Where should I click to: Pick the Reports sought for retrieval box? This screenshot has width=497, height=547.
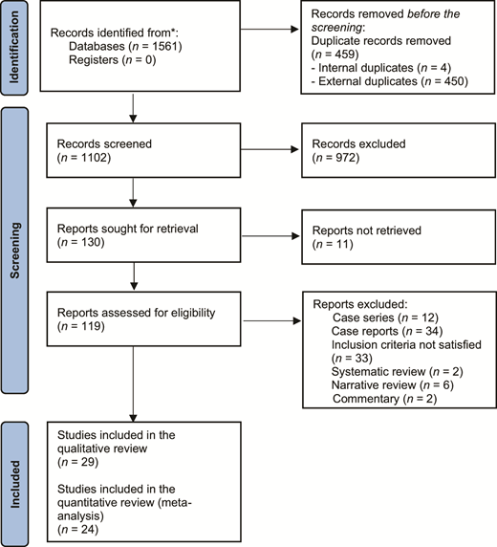pos(140,236)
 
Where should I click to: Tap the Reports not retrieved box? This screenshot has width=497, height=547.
pos(382,236)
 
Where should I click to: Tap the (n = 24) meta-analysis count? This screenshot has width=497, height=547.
pos(80,525)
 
